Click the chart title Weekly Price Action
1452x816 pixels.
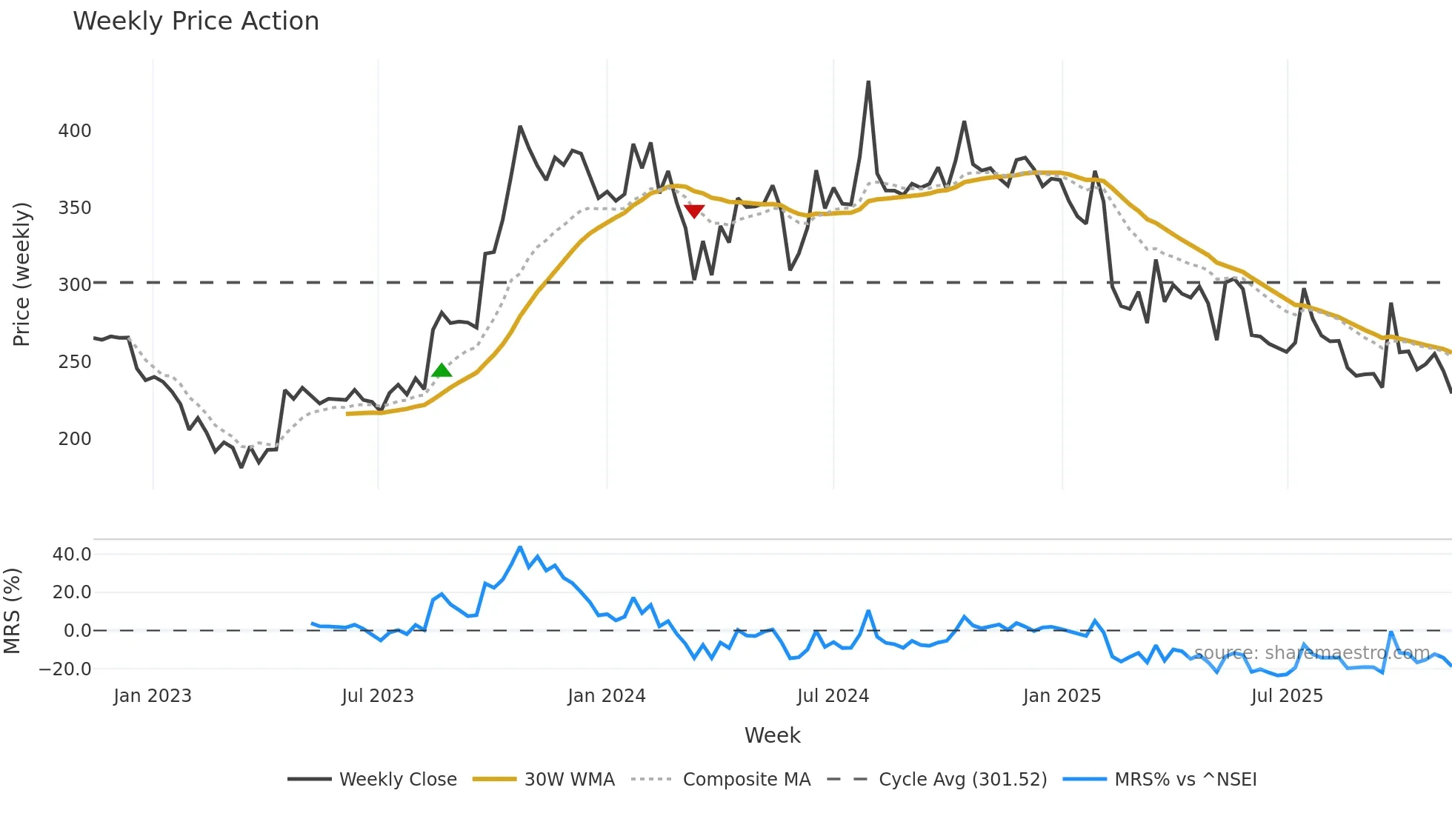196,21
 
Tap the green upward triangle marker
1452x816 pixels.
442,370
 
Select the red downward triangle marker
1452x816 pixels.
694,212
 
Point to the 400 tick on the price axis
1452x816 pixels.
75,131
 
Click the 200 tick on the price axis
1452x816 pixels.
75,439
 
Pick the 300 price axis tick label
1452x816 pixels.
75,285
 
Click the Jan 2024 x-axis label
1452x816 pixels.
607,696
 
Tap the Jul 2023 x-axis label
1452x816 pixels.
378,696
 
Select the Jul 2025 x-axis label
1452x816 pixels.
1287,696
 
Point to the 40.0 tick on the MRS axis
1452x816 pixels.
72,555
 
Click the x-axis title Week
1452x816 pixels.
772,735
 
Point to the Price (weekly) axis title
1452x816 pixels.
21,274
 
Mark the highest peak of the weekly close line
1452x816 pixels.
868,82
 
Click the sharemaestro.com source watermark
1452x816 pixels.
1312,653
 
